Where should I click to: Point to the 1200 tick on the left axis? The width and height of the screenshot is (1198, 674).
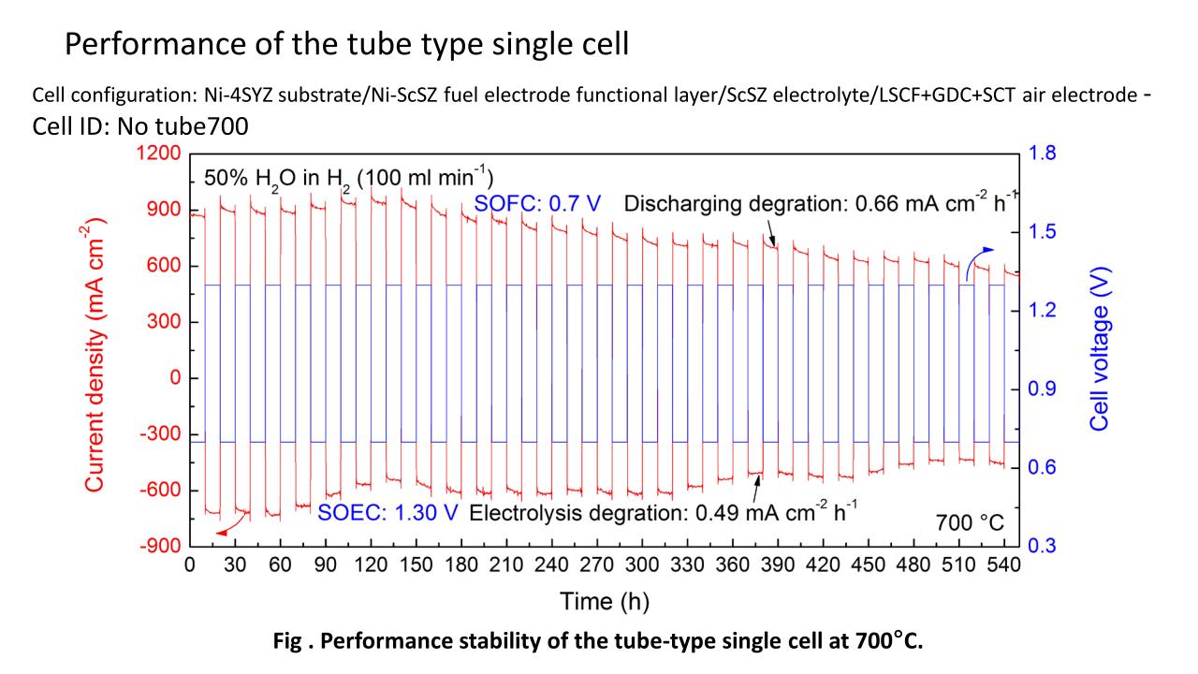(160, 154)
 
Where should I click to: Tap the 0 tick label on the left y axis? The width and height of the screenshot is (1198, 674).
(174, 379)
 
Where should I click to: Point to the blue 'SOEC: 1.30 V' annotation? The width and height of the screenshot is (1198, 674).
(387, 513)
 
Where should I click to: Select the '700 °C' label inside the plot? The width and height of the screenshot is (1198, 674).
(970, 522)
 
